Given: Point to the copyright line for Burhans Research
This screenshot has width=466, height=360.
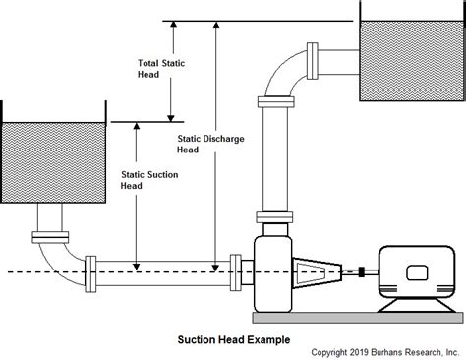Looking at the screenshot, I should [x=384, y=351].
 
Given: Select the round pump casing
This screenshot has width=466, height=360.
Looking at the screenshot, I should [x=274, y=271].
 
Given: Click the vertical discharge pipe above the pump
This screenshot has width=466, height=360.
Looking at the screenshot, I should [x=272, y=157].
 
